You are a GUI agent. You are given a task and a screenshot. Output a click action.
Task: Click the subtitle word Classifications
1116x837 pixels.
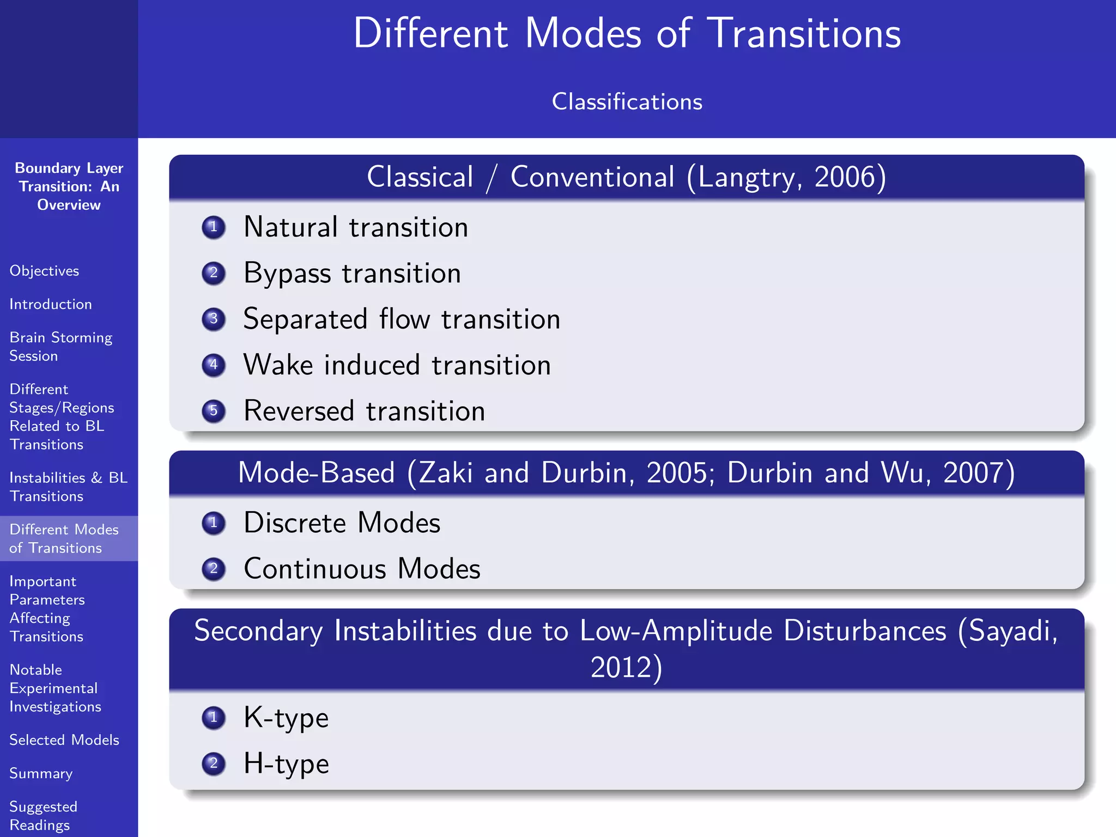pyautogui.click(x=627, y=102)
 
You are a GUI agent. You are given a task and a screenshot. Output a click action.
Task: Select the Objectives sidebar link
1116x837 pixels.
pyautogui.click(x=44, y=271)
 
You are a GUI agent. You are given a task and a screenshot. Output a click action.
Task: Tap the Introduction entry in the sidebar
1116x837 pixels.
pyautogui.click(x=51, y=304)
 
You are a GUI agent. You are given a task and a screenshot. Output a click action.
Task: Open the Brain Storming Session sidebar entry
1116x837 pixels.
pyautogui.click(x=60, y=347)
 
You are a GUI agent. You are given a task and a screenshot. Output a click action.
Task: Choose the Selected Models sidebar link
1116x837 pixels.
pyautogui.click(x=64, y=740)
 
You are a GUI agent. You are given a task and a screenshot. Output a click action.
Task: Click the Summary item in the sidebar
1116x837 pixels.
pyautogui.click(x=41, y=773)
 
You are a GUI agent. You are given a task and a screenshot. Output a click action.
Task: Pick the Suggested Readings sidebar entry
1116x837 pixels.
pyautogui.click(x=43, y=815)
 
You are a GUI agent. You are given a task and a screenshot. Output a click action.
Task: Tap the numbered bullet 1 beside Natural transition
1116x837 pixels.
pyautogui.click(x=214, y=227)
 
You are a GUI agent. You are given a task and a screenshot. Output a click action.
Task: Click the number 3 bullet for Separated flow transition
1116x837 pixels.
pyautogui.click(x=214, y=319)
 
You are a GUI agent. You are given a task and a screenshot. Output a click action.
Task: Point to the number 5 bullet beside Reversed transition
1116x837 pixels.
pyautogui.click(x=214, y=410)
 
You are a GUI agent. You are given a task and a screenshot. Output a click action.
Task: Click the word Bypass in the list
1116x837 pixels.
pyautogui.click(x=287, y=274)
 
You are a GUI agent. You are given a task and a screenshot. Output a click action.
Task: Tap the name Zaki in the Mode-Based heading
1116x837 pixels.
pyautogui.click(x=446, y=472)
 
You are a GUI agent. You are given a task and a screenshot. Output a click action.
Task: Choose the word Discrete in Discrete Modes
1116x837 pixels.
pyautogui.click(x=294, y=523)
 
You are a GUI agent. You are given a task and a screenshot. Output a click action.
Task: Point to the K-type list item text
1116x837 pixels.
pyautogui.click(x=286, y=718)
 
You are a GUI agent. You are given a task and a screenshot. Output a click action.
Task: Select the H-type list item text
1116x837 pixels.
pyautogui.click(x=286, y=763)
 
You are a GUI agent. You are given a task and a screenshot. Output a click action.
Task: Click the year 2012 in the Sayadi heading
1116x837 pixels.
pyautogui.click(x=622, y=667)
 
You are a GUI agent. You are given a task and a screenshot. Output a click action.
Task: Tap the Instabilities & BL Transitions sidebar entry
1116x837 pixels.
pyautogui.click(x=68, y=487)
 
